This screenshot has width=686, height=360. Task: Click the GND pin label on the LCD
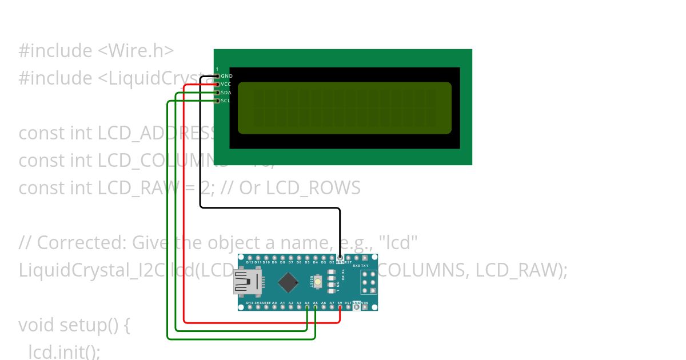tap(226, 76)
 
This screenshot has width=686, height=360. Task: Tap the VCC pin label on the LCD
tap(226, 84)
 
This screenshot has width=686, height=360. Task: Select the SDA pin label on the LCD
tap(226, 93)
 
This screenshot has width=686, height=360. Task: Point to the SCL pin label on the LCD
tap(226, 101)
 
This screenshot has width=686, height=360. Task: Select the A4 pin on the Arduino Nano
tap(307, 307)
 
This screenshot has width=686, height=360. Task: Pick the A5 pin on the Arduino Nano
tap(316, 307)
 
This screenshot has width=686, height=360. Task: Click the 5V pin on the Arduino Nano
tap(340, 307)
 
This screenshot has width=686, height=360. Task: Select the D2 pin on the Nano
tap(332, 257)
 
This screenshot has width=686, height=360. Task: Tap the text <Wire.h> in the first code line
tap(136, 51)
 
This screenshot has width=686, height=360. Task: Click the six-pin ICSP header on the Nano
tap(369, 282)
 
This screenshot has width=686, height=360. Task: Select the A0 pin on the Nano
tap(274, 307)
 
